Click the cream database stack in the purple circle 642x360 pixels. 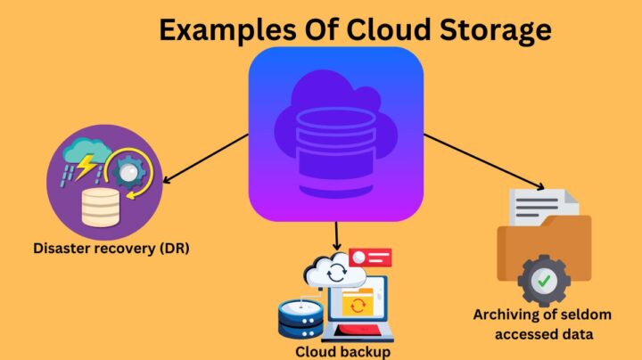(99, 208)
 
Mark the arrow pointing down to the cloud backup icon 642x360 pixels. (337, 235)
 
